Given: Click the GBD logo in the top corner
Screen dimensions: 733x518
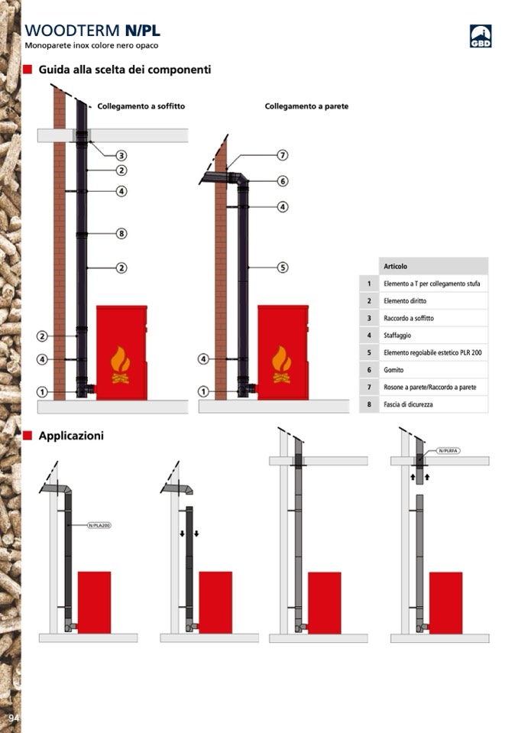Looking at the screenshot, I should pyautogui.click(x=480, y=36).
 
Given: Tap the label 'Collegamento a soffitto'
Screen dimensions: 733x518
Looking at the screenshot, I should pyautogui.click(x=141, y=106).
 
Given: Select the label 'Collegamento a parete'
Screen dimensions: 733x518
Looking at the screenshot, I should pyautogui.click(x=306, y=106).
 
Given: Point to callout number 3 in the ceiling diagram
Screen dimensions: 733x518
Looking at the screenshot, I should pyautogui.click(x=121, y=155).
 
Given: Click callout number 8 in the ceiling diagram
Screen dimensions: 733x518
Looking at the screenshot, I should pyautogui.click(x=121, y=233).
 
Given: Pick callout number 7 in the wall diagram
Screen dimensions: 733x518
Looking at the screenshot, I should pyautogui.click(x=282, y=155).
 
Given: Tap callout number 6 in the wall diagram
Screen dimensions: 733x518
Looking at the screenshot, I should pyautogui.click(x=282, y=181).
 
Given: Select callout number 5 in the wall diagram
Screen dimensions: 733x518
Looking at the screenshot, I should pyautogui.click(x=282, y=268).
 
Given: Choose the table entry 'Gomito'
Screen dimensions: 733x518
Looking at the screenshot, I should pyautogui.click(x=393, y=370).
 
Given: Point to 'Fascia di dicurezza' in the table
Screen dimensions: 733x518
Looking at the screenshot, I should pyautogui.click(x=408, y=404).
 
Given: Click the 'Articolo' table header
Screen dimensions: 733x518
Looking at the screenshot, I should pyautogui.click(x=395, y=267).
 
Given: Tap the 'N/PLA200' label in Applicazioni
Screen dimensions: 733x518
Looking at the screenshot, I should pyautogui.click(x=99, y=525).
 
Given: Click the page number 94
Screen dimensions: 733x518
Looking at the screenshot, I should pyautogui.click(x=13, y=718).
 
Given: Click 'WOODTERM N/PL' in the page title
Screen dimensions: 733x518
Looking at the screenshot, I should pyautogui.click(x=92, y=31).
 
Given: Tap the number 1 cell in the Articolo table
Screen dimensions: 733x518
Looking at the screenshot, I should pyautogui.click(x=369, y=284).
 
